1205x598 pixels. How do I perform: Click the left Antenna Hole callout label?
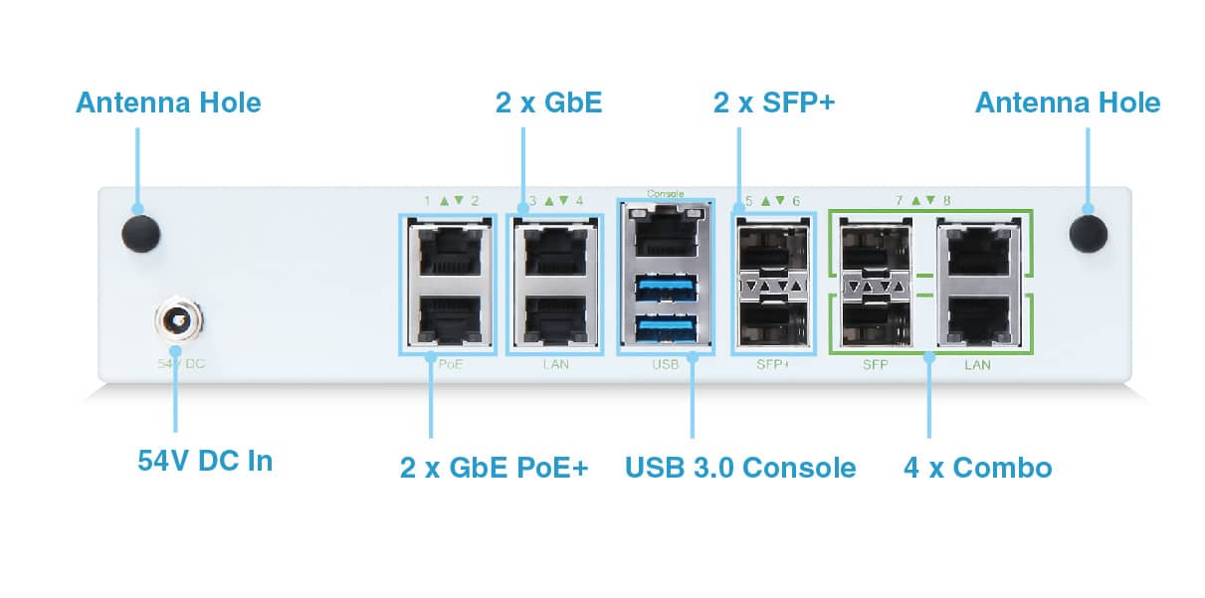168,102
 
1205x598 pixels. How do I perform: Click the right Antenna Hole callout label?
1067,102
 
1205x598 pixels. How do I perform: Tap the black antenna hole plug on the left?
140,232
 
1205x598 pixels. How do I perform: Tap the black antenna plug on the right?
1089,232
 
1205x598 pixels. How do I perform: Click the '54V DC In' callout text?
205,461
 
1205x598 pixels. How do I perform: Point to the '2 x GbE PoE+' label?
495,467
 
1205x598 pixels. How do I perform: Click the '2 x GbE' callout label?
548,102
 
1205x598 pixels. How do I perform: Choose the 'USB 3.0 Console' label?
740,467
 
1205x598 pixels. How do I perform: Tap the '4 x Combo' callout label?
977,467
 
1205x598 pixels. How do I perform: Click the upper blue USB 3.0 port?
665,291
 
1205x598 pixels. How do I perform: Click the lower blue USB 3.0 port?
665,326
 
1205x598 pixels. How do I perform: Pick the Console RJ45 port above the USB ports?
665,236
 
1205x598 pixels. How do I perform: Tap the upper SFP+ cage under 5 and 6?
773,247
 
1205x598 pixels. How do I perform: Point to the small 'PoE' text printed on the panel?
451,365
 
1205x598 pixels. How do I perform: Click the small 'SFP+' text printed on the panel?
772,365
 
